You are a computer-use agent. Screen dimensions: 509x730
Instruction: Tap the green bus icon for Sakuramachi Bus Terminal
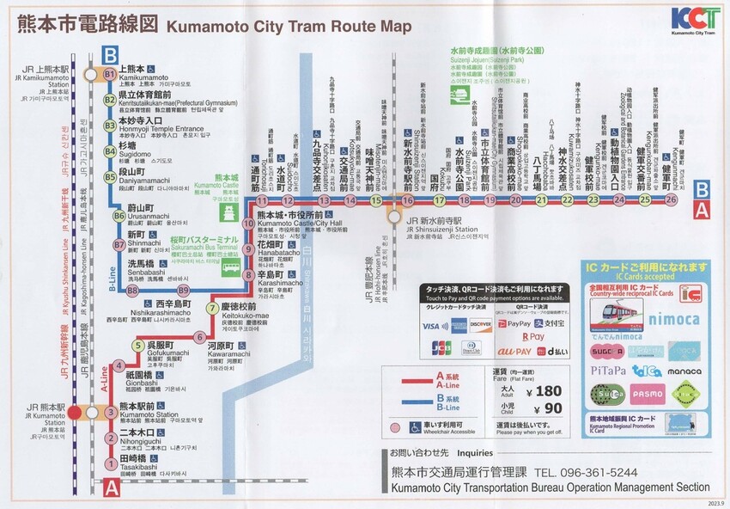coord(230,267)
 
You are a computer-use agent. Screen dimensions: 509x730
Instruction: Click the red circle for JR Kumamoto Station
coord(75,412)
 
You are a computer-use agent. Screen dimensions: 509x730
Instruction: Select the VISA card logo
coord(429,327)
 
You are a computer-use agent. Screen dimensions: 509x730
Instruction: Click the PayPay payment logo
coord(514,324)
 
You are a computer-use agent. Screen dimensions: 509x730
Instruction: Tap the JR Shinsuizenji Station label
coord(441,230)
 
